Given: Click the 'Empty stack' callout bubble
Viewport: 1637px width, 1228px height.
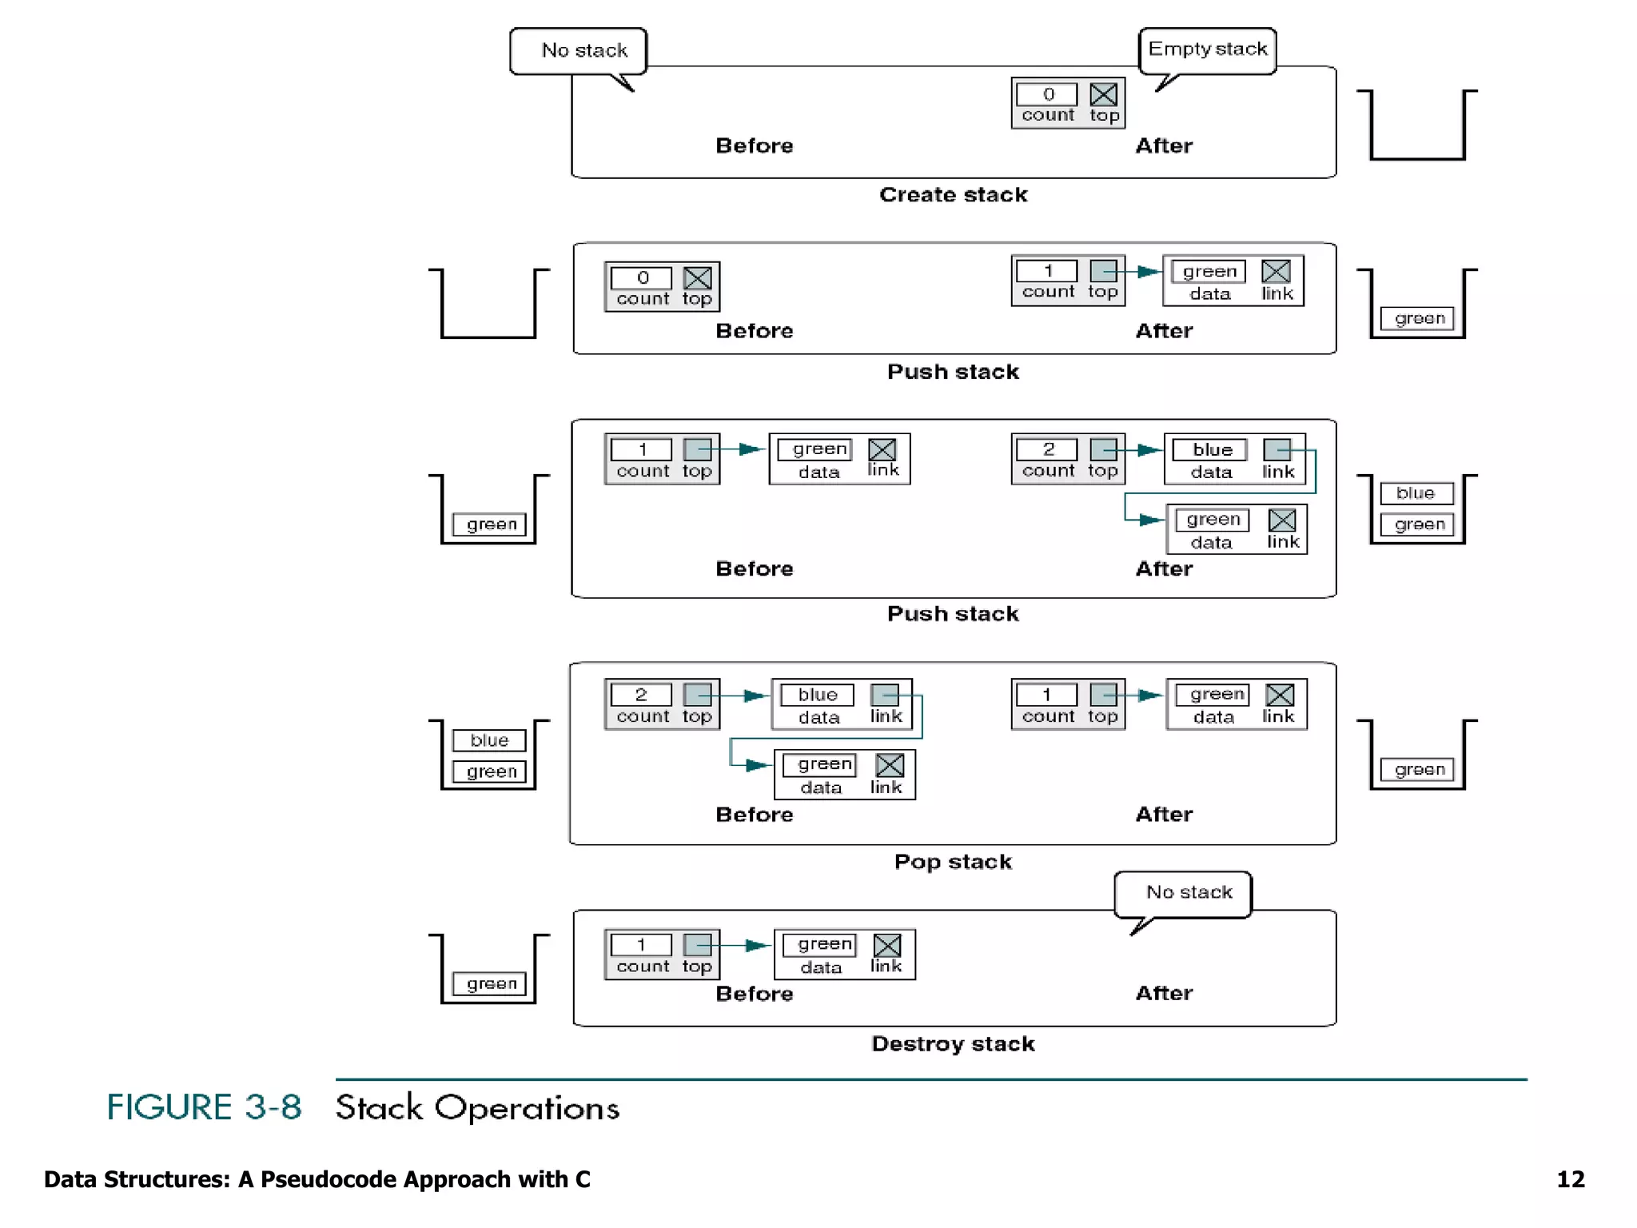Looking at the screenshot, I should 1207,50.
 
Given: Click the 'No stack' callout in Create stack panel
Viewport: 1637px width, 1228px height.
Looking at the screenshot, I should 584,50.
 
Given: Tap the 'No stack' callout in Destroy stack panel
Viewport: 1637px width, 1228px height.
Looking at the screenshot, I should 1188,892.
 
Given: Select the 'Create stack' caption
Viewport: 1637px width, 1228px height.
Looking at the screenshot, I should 953,195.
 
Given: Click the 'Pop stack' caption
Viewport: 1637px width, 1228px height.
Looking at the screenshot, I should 953,862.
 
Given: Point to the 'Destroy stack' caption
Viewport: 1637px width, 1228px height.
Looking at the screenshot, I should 953,1044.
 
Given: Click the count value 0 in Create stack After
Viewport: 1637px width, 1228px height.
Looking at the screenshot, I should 1047,94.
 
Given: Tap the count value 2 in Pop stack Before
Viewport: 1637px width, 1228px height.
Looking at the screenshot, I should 641,695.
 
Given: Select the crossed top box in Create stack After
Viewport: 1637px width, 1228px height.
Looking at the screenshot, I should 1104,94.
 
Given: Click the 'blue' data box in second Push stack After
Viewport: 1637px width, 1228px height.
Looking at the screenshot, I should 1210,449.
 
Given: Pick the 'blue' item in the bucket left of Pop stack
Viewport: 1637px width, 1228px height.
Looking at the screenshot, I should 489,740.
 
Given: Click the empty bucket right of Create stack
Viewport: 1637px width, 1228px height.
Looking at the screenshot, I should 1417,128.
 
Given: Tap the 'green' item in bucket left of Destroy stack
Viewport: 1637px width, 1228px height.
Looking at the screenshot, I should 491,983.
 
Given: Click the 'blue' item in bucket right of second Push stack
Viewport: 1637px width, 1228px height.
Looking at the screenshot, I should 1416,493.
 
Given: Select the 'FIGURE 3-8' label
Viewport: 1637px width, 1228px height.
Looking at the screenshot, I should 205,1108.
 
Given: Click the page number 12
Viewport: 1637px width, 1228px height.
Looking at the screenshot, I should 1570,1180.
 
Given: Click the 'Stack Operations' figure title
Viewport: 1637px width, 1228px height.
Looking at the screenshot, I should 477,1108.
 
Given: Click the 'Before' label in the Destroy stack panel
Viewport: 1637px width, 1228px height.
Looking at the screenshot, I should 754,994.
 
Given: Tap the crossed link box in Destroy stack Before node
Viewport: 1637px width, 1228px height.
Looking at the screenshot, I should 886,945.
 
